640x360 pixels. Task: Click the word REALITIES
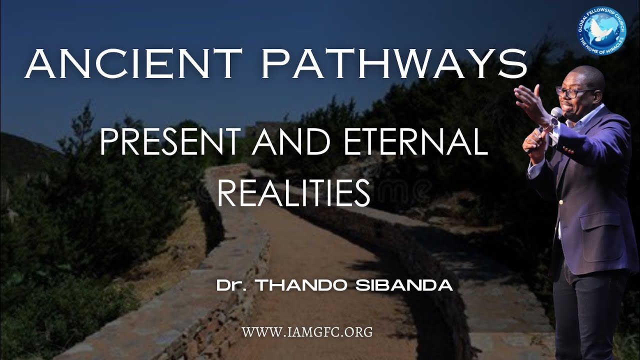tap(293, 193)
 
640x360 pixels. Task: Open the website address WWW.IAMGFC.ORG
tap(307, 331)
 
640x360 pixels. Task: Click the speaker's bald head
tap(580, 75)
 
